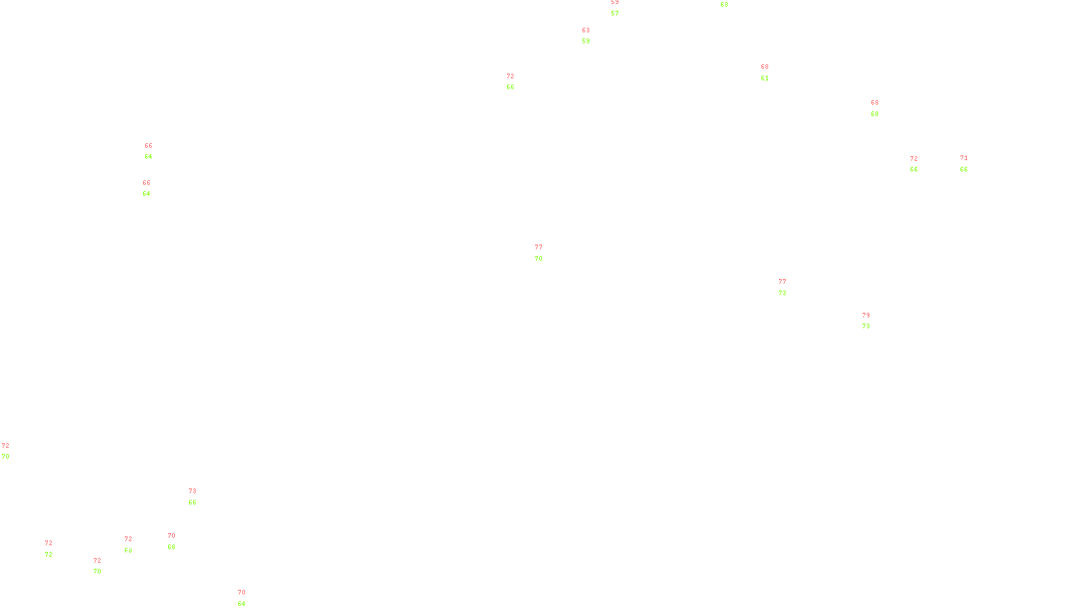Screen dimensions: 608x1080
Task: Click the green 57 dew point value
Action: point(615,14)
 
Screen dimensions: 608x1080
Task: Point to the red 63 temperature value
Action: point(586,30)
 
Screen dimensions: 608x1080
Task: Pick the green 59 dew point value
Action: point(586,41)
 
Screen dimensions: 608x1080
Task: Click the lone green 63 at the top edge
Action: point(724,5)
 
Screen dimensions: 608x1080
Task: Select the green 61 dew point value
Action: point(765,78)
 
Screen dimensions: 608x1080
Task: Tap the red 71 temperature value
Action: point(964,159)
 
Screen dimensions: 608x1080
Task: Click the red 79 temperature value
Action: point(866,315)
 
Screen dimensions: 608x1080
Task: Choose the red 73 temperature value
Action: point(192,491)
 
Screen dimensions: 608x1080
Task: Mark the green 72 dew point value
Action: point(49,555)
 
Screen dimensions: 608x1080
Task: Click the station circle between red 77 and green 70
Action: point(545,253)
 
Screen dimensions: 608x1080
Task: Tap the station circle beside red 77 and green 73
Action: point(788,288)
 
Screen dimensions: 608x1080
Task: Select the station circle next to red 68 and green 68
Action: point(881,108)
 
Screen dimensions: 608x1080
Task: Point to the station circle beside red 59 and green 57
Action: point(621,9)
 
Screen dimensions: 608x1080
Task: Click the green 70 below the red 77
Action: point(539,259)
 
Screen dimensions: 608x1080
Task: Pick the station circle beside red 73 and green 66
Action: point(199,497)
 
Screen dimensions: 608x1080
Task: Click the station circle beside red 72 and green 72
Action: point(55,549)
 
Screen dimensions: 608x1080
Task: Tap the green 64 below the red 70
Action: point(242,604)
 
